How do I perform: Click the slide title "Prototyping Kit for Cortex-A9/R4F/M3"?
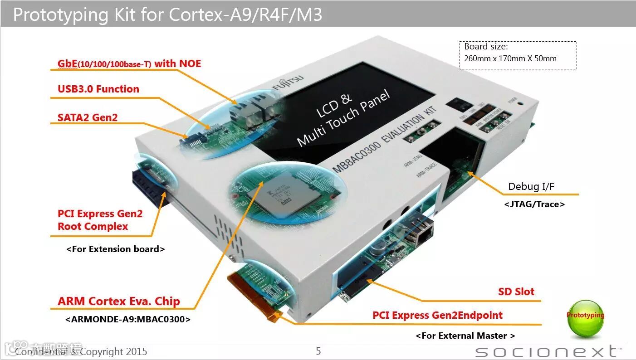(x=167, y=15)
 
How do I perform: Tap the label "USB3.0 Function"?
(x=98, y=89)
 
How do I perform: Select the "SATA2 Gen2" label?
(x=87, y=118)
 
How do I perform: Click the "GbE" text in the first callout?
(x=67, y=63)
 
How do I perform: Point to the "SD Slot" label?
(x=516, y=292)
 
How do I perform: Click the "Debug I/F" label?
(x=531, y=186)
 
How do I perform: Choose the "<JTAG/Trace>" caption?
(x=534, y=204)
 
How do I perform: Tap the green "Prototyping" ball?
(x=585, y=318)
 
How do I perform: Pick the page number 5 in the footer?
(x=318, y=351)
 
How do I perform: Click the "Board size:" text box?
(x=518, y=55)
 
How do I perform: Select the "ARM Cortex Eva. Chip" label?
(x=118, y=302)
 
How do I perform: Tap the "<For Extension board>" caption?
(x=115, y=249)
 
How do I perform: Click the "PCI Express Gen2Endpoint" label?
(x=437, y=315)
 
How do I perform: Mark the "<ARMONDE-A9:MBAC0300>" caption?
(x=127, y=319)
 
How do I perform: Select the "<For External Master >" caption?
(x=465, y=336)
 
